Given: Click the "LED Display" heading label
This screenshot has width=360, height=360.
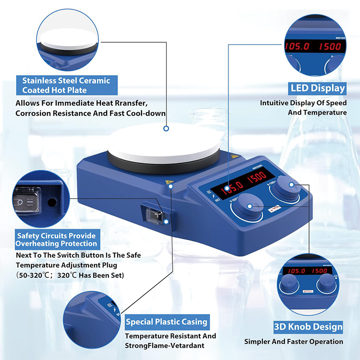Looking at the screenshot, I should pos(318,88).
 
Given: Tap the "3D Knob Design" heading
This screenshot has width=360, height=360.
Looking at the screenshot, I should pos(308,327).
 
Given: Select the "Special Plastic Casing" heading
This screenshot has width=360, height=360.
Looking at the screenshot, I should pos(166,322).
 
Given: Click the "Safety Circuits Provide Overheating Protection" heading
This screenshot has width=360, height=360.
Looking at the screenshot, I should pos(57,239).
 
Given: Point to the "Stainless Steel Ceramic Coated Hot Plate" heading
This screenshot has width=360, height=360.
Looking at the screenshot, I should pos(66,85).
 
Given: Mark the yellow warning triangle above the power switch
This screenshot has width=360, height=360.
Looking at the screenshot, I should pos(170,183).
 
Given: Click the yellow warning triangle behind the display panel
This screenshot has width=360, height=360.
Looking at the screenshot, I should pos(234,157).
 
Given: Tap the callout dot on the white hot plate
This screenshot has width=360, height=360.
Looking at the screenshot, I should pos(166,128).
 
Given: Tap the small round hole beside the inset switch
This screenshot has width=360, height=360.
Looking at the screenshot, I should pos(51,203).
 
